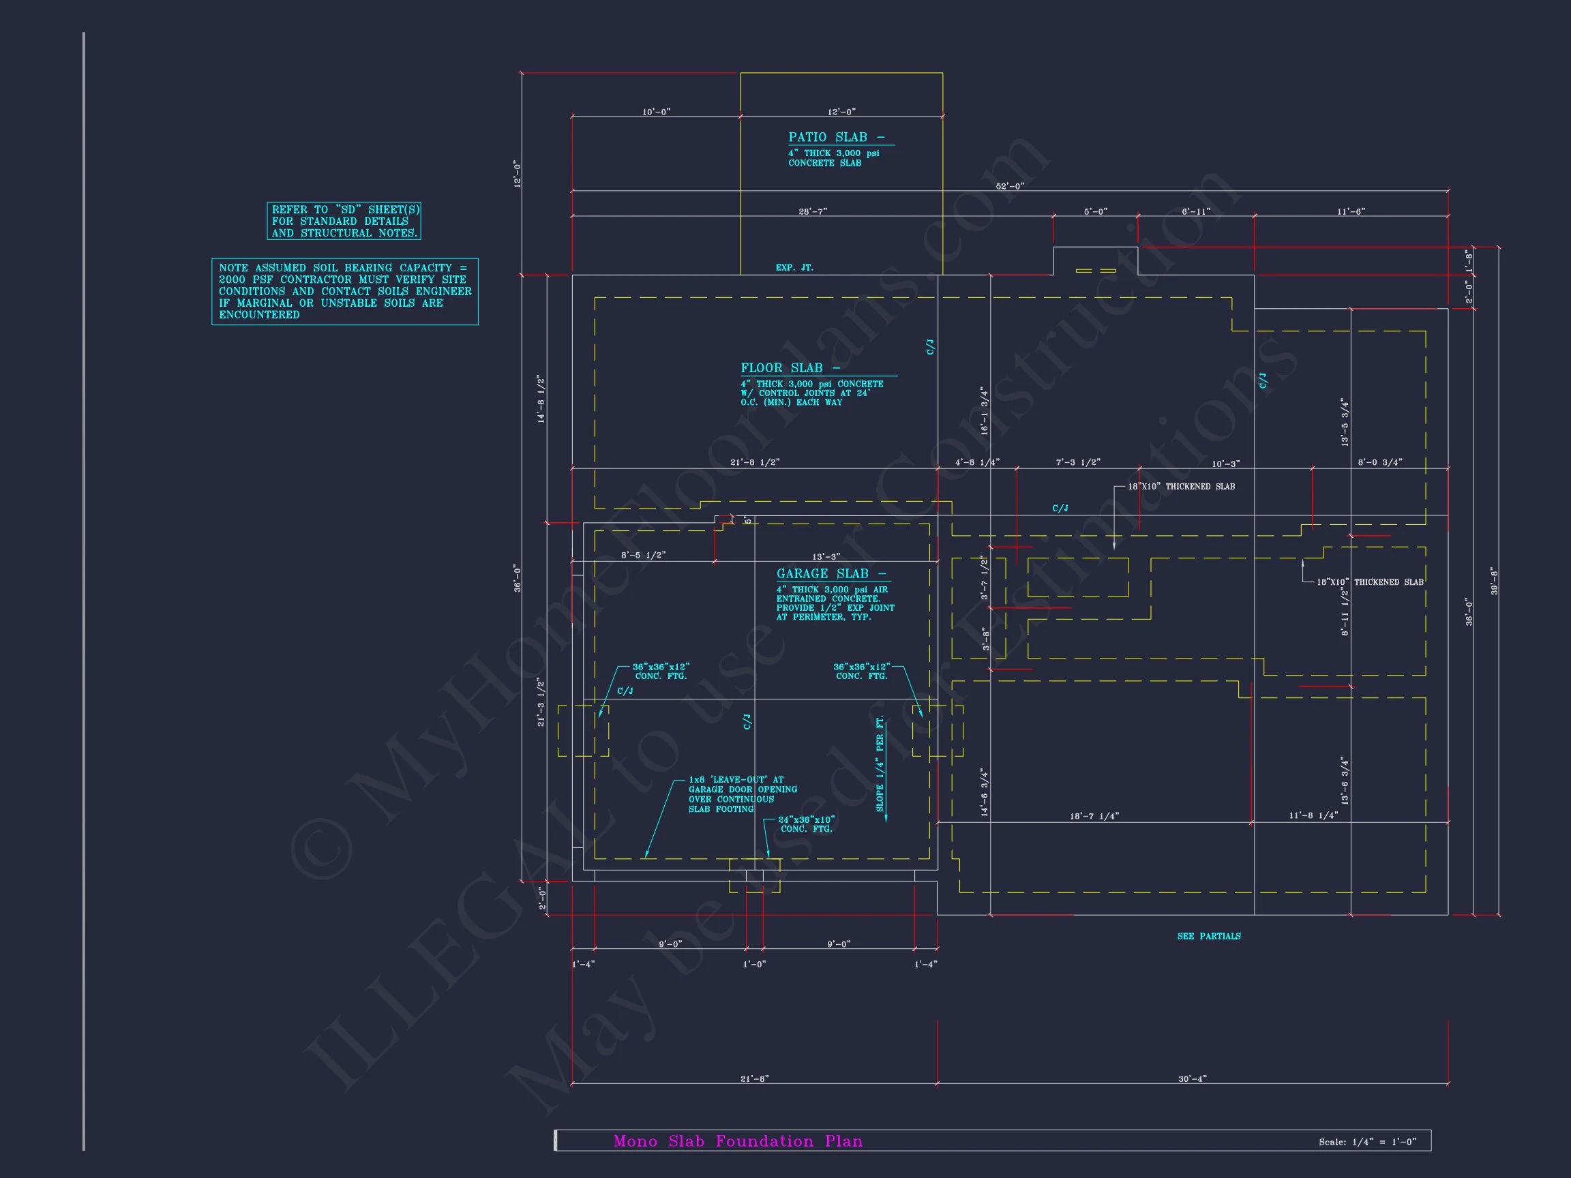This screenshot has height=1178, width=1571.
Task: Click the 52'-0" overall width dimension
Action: click(x=1009, y=186)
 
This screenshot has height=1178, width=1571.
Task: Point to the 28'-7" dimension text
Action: click(x=813, y=211)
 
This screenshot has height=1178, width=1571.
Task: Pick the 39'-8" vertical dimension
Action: click(x=1493, y=581)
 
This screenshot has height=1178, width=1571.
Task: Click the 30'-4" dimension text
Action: click(x=1192, y=1079)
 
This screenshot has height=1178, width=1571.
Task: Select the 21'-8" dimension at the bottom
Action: click(x=754, y=1079)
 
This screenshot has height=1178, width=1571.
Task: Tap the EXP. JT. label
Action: click(x=794, y=268)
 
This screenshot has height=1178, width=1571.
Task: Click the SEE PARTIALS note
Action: click(x=1209, y=937)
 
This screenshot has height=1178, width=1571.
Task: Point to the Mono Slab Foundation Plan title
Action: click(x=738, y=1141)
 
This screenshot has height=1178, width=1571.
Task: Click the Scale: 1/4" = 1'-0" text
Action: click(x=1367, y=1142)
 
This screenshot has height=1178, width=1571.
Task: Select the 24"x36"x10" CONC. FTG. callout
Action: click(x=806, y=824)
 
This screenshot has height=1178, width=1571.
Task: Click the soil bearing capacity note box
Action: click(x=344, y=291)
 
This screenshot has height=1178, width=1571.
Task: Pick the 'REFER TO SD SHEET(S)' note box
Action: click(x=344, y=221)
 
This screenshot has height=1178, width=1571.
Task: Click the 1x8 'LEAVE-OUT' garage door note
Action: click(x=742, y=794)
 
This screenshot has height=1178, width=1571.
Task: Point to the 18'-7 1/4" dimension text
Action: click(x=1094, y=817)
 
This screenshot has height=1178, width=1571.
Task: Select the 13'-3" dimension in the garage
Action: click(x=825, y=557)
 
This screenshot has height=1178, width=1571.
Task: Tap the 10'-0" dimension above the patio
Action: click(x=656, y=112)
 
